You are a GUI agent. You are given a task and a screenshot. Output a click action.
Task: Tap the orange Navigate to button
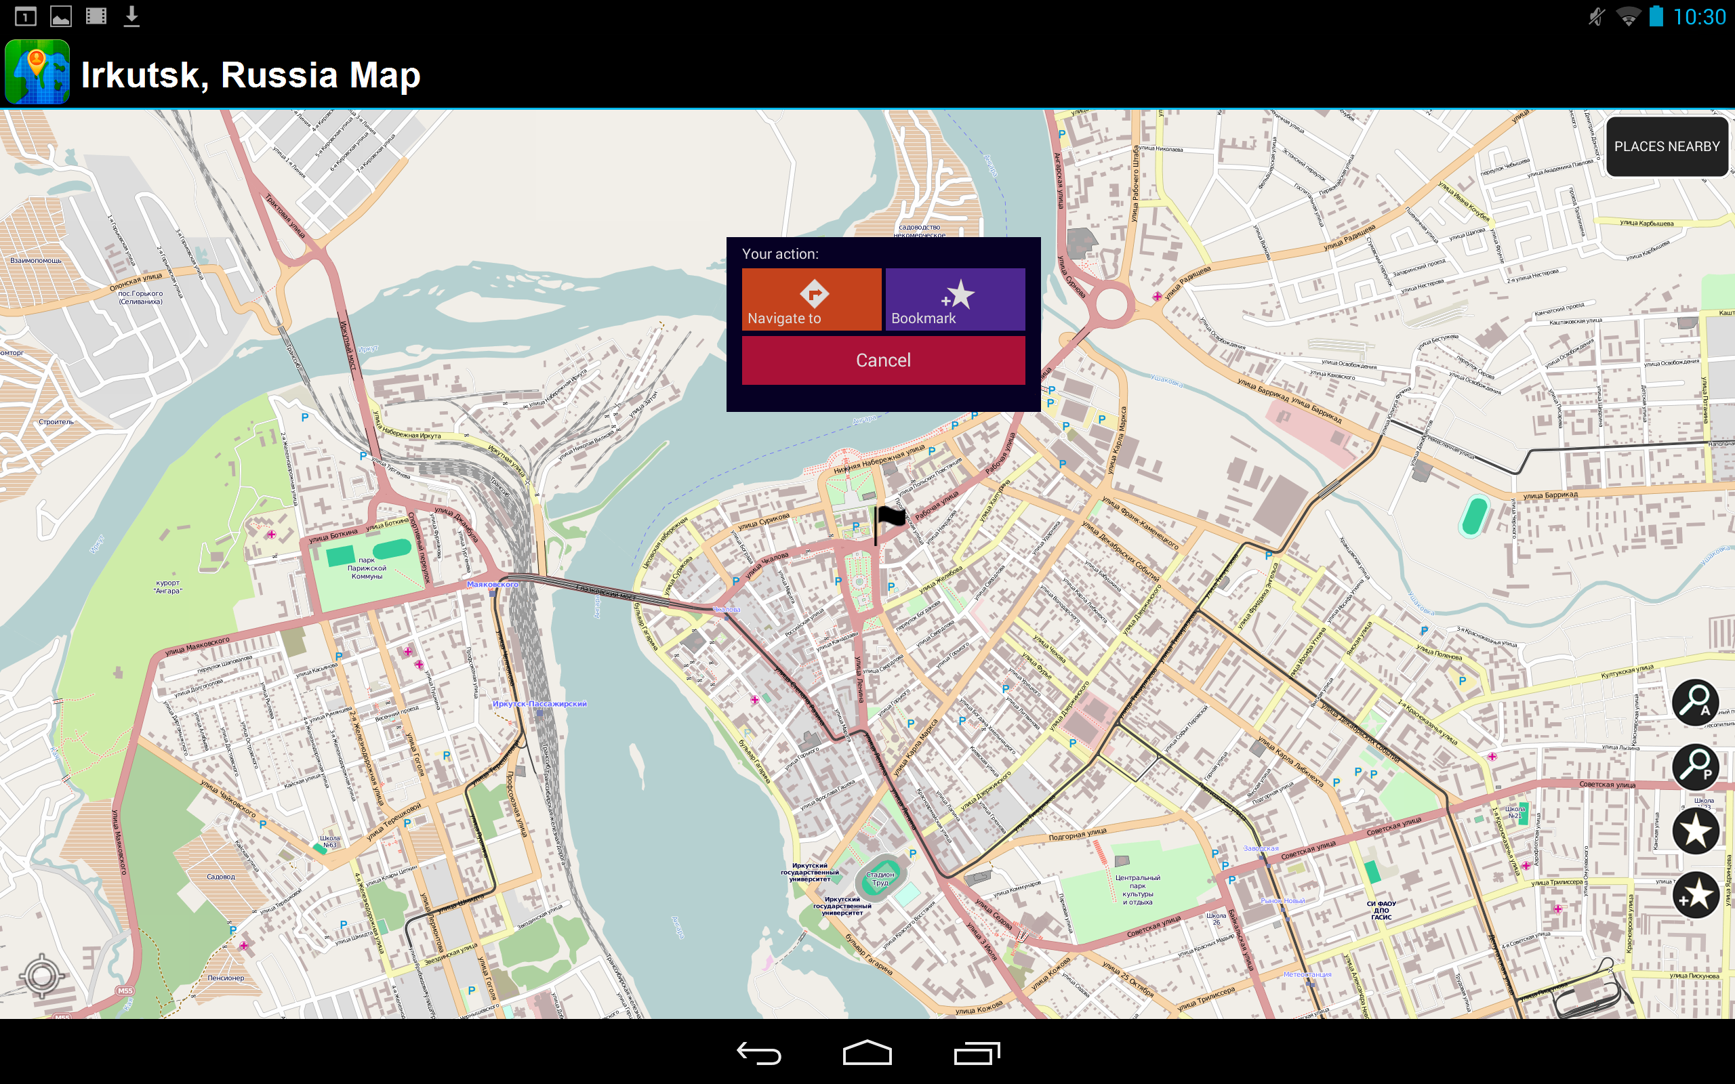coord(811,299)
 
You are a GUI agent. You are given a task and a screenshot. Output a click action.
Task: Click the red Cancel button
coord(882,360)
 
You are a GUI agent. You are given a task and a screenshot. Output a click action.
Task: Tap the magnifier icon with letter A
coord(1695,702)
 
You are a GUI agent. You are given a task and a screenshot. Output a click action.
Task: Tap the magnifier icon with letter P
coord(1695,766)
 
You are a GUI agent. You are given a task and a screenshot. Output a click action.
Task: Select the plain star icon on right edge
coord(1695,830)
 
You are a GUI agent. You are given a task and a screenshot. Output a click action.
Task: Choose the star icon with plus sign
coord(1695,895)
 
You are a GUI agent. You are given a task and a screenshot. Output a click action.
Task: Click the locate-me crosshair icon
coord(41,975)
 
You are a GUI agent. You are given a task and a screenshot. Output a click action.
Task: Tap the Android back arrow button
coord(758,1052)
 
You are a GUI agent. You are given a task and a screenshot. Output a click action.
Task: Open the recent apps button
coord(977,1052)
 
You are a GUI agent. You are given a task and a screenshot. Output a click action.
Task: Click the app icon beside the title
coord(37,72)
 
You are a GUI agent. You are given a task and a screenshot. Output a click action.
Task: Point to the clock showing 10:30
coord(1699,17)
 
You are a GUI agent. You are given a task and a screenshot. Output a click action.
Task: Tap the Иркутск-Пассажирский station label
coord(539,704)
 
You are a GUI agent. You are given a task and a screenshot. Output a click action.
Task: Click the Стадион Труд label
coord(880,878)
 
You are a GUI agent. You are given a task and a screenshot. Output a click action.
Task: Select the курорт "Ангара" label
coord(168,587)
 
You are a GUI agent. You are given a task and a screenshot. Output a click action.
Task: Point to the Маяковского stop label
coord(493,584)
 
